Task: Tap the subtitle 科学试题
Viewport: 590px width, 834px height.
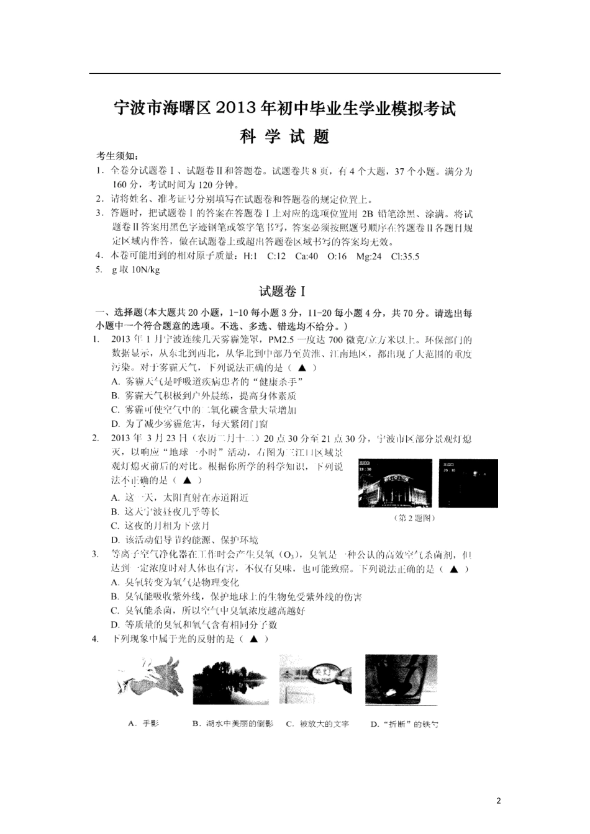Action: point(284,137)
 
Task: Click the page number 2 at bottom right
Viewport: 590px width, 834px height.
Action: point(498,800)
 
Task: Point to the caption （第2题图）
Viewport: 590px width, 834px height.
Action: point(415,518)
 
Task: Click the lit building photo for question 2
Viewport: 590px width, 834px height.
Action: point(395,483)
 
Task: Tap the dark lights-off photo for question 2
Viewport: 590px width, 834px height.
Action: point(468,483)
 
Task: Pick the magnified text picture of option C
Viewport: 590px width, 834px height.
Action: point(315,679)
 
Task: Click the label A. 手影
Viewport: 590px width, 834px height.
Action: point(143,724)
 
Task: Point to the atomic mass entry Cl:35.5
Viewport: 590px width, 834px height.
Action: point(405,256)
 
